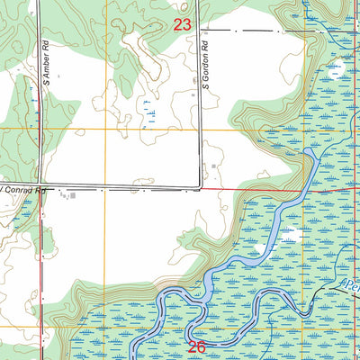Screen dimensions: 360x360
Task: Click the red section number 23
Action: (183, 26)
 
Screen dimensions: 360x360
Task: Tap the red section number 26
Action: (199, 345)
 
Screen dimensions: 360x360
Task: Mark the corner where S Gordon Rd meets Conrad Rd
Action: (199, 189)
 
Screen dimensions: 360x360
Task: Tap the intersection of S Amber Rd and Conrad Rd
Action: (41, 189)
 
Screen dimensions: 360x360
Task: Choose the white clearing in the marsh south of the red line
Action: (288, 236)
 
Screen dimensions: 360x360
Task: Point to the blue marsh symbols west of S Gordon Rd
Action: (148, 112)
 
